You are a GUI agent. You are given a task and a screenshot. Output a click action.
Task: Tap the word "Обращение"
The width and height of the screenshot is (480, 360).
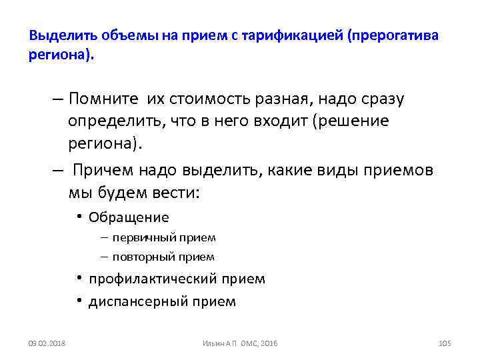point(129,217)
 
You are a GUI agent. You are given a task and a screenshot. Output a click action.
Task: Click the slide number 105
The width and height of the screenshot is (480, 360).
point(445,343)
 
